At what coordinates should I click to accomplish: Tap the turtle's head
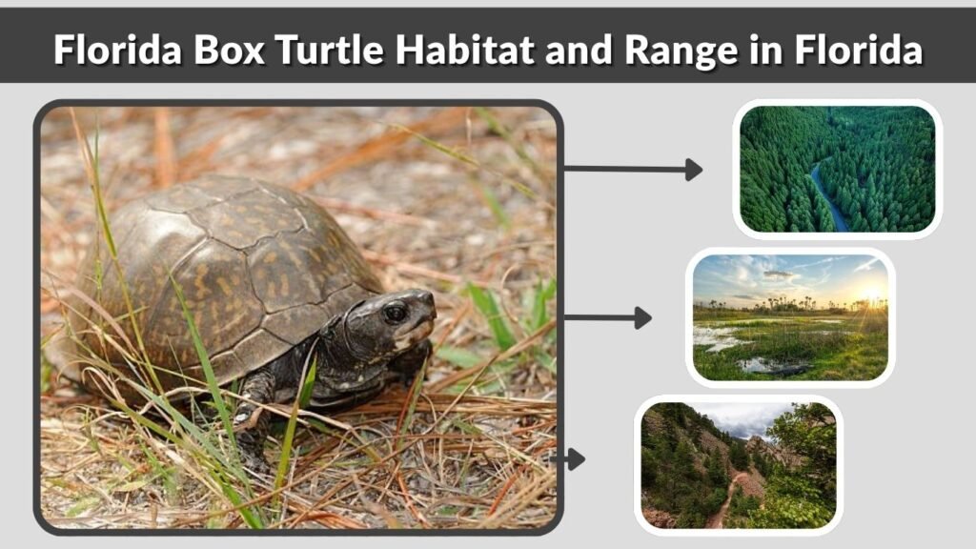click(x=391, y=324)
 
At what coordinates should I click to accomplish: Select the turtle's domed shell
click(x=229, y=257)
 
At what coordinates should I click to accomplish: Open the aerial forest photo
click(x=837, y=169)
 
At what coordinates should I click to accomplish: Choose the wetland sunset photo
click(x=790, y=318)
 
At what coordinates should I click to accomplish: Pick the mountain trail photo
click(x=739, y=464)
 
